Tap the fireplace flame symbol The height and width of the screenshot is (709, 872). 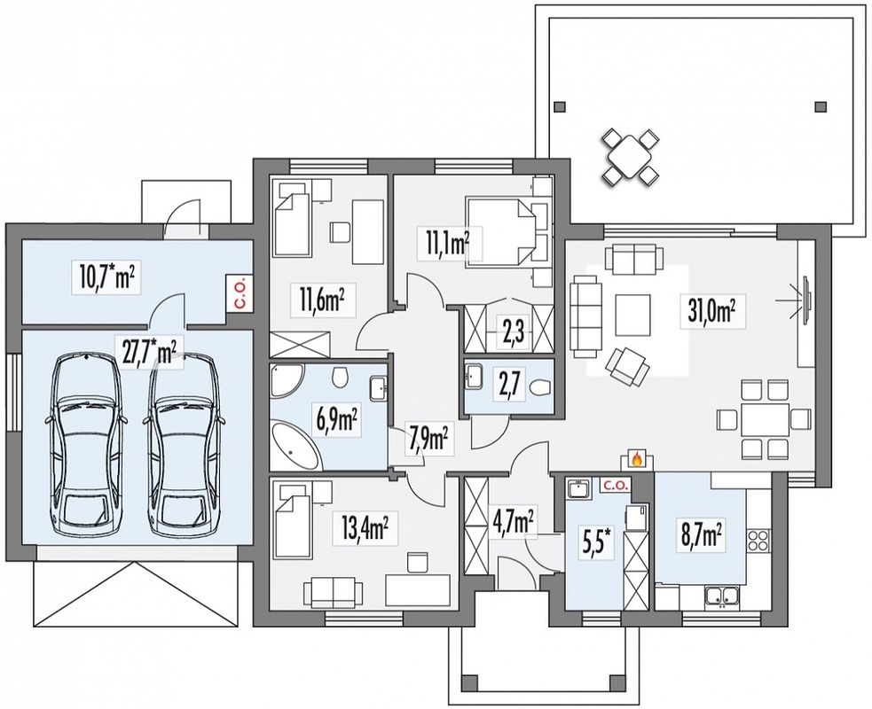[637, 459]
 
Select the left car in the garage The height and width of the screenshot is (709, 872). [85, 445]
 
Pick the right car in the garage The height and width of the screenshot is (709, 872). [184, 445]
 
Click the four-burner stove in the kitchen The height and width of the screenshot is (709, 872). [758, 539]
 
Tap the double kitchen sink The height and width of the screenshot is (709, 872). [722, 596]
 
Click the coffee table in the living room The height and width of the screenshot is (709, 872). [632, 315]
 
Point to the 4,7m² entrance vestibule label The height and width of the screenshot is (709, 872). [514, 522]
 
